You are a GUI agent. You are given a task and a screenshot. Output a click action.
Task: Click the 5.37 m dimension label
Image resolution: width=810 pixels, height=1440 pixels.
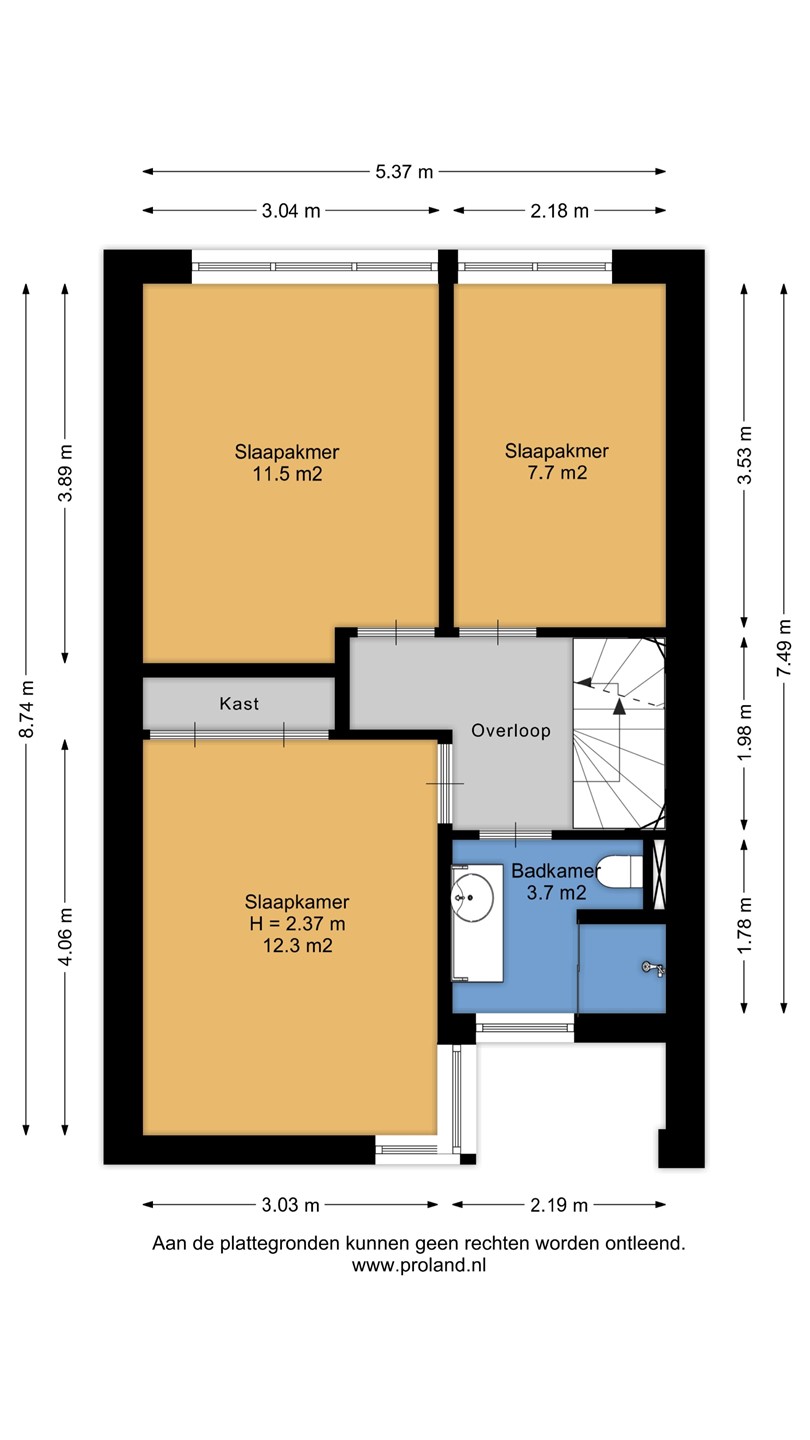click(404, 172)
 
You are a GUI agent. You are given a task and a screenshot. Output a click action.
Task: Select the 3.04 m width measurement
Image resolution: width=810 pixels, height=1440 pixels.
click(291, 211)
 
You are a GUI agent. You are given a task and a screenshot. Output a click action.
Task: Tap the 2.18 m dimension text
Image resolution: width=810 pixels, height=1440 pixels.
click(559, 211)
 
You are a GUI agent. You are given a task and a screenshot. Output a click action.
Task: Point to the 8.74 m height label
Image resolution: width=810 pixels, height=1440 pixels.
click(27, 709)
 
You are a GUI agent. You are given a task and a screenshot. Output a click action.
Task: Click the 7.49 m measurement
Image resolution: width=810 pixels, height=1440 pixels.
click(784, 647)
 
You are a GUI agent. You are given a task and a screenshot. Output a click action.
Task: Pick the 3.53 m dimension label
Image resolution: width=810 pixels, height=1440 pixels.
click(744, 455)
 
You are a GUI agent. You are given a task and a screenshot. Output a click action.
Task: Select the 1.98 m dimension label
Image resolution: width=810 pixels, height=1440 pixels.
click(744, 732)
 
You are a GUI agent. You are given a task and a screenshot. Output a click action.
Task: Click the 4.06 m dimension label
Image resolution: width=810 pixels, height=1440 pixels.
click(65, 937)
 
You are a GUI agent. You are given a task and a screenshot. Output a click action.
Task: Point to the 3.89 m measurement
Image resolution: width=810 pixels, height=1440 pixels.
click(65, 472)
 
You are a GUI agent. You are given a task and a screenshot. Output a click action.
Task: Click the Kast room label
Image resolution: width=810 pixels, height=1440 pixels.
click(239, 703)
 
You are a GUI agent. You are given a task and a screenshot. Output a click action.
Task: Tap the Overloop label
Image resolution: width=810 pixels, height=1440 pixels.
click(511, 731)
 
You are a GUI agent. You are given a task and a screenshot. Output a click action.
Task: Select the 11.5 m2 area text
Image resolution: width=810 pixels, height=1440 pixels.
click(287, 474)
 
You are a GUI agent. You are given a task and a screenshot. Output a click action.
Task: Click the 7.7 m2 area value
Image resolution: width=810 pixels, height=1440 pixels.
click(557, 473)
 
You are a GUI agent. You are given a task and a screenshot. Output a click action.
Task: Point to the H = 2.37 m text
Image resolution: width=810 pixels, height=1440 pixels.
click(298, 924)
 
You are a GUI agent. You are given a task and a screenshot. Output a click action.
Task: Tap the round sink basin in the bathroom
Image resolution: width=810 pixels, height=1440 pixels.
click(472, 896)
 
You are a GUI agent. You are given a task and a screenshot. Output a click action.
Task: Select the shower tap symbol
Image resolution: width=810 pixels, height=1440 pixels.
click(654, 968)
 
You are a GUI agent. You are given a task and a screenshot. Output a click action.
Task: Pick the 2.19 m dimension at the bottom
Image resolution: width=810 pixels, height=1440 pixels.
click(559, 1205)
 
